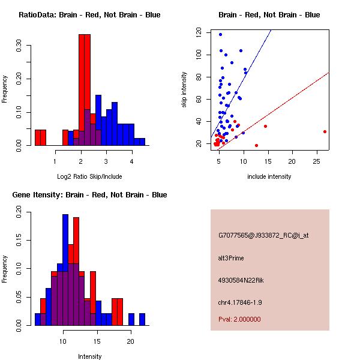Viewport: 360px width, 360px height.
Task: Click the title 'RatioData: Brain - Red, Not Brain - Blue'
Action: pyautogui.click(x=89, y=15)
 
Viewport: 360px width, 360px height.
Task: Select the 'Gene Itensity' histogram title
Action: pyautogui.click(x=89, y=195)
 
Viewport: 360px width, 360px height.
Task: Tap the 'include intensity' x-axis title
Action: pyautogui.click(x=269, y=176)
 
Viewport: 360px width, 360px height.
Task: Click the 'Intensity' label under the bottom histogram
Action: pyautogui.click(x=89, y=356)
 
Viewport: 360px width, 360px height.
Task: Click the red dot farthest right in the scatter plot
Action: pyautogui.click(x=325, y=131)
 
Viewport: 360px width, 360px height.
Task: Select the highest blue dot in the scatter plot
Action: pyautogui.click(x=220, y=34)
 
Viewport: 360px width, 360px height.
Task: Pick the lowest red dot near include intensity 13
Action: pyautogui.click(x=256, y=145)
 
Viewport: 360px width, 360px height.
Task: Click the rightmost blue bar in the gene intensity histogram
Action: pyautogui.click(x=142, y=319)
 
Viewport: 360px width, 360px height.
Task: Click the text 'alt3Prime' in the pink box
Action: pyautogui.click(x=231, y=258)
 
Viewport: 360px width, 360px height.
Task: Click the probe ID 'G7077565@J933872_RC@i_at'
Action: pyautogui.click(x=263, y=236)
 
